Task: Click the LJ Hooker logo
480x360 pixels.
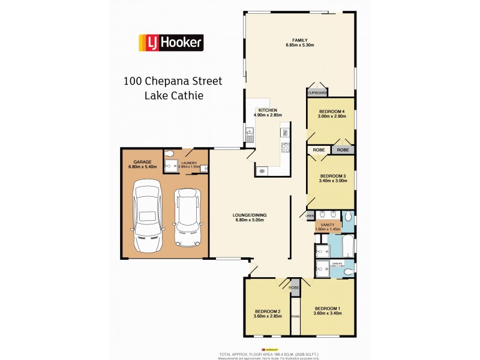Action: pyautogui.click(x=171, y=42)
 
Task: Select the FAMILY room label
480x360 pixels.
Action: pyautogui.click(x=300, y=40)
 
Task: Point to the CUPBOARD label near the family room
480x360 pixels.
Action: pyautogui.click(x=317, y=93)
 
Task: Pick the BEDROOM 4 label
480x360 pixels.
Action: pyautogui.click(x=331, y=112)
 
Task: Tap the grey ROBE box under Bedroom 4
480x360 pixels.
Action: pyautogui.click(x=343, y=150)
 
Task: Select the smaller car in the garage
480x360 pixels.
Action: pyautogui.click(x=186, y=217)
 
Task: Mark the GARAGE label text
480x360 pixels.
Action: pyautogui.click(x=142, y=162)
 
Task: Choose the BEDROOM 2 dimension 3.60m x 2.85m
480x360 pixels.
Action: pyautogui.click(x=268, y=315)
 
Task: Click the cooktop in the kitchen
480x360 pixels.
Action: pyautogui.click(x=286, y=147)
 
